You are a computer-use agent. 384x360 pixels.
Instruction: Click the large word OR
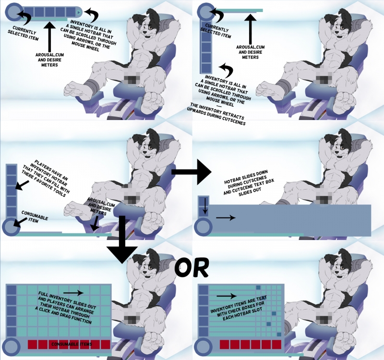click(191, 268)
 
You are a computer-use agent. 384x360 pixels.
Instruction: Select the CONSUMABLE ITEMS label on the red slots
click(69, 345)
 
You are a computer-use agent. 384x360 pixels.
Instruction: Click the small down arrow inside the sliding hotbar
click(205, 206)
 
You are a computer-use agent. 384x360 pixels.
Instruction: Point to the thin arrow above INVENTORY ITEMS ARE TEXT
click(226, 296)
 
